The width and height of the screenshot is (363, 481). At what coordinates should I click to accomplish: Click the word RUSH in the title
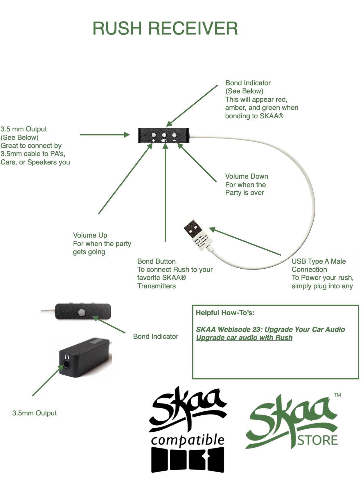(x=117, y=28)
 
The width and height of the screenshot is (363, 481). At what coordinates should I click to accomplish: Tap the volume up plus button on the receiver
(x=154, y=135)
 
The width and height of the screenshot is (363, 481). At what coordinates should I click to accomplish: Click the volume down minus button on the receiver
(x=174, y=135)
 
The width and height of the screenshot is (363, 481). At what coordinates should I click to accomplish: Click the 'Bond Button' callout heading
(x=156, y=261)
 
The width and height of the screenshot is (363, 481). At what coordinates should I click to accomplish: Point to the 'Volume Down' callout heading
(x=247, y=176)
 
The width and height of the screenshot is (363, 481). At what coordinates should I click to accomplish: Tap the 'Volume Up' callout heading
(x=90, y=235)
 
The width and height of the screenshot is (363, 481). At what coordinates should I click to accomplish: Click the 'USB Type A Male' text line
(x=319, y=261)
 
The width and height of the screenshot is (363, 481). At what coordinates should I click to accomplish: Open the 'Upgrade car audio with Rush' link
(x=244, y=338)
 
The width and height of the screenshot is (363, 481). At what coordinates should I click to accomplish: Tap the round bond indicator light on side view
(x=82, y=312)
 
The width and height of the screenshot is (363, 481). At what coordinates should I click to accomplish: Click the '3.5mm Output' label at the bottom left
(x=34, y=413)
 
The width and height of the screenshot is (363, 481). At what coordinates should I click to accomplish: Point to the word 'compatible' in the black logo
(x=188, y=440)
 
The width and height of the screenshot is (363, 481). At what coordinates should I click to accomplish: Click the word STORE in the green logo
(x=318, y=440)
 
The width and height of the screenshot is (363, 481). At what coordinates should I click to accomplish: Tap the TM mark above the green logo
(x=337, y=395)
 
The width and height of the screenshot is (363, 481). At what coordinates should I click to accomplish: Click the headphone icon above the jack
(x=67, y=357)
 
